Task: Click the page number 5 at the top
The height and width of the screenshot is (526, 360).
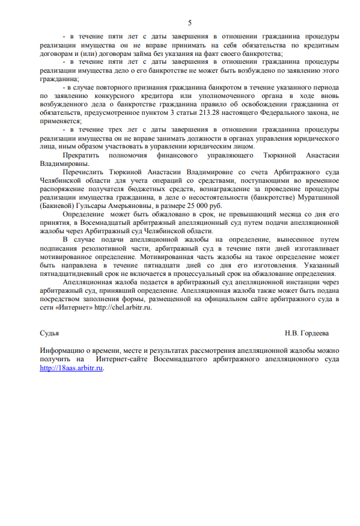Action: coord(190,23)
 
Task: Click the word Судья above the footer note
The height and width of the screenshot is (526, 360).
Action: coord(49,332)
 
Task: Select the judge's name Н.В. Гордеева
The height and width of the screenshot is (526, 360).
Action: coord(307,332)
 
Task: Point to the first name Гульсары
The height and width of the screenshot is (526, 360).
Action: coord(97,204)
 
